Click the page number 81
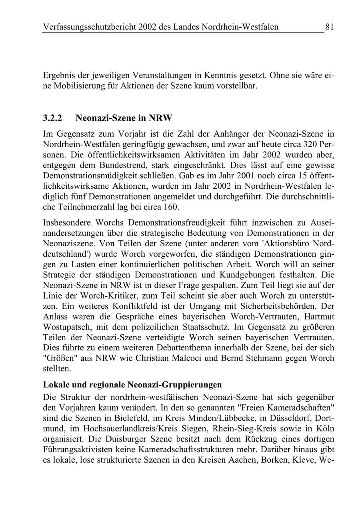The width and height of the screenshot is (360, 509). point(329,27)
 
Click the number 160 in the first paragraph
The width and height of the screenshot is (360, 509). point(171,207)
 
